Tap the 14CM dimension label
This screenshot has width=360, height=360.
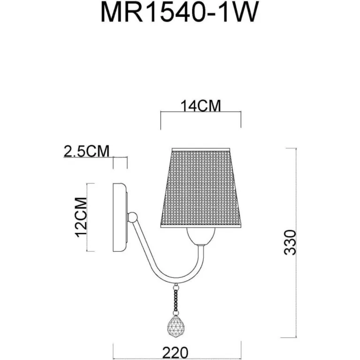[x=201, y=106]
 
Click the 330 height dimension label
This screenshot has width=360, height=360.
[x=291, y=242]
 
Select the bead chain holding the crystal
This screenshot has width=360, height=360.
[x=176, y=299]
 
